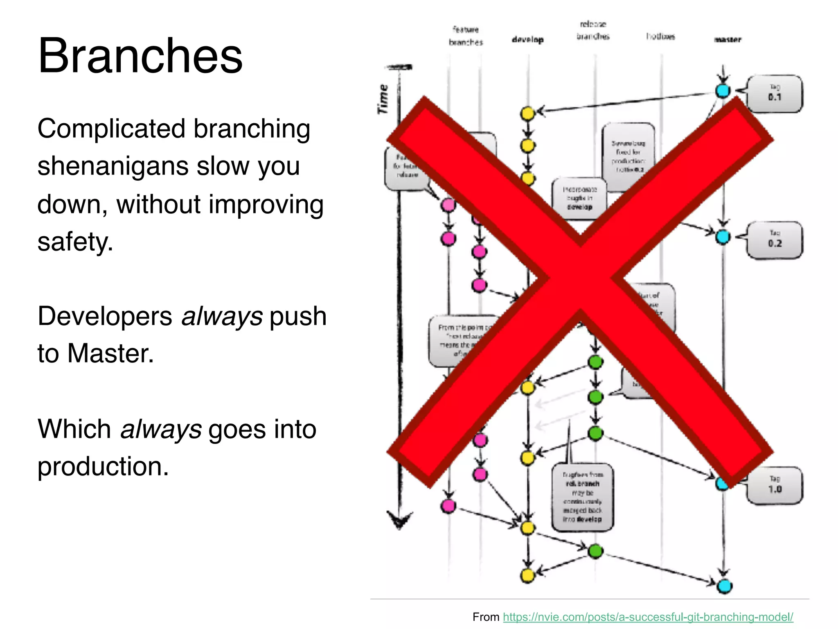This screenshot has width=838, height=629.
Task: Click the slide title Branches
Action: pyautogui.click(x=140, y=56)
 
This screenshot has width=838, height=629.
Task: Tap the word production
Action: pyautogui.click(x=102, y=466)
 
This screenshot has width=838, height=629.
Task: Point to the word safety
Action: pyautogui.click(x=74, y=242)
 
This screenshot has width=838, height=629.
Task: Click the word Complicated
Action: pyautogui.click(x=111, y=129)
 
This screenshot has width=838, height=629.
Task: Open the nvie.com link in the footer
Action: pyautogui.click(x=648, y=617)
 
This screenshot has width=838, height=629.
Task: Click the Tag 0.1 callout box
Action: pyautogui.click(x=775, y=93)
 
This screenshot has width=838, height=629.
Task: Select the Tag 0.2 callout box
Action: pyautogui.click(x=775, y=240)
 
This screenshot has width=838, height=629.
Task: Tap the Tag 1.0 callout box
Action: pyautogui.click(x=775, y=485)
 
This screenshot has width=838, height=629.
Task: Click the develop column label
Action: pyautogui.click(x=527, y=40)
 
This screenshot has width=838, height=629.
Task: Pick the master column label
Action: pyautogui.click(x=727, y=40)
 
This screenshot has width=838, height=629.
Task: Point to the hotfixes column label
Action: pyautogui.click(x=660, y=36)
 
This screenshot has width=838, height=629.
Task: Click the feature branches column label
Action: pyautogui.click(x=466, y=36)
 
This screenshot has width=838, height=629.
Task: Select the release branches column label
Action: pyautogui.click(x=593, y=30)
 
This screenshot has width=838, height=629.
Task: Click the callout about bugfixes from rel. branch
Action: pyautogui.click(x=582, y=497)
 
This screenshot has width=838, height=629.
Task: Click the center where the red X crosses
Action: pyautogui.click(x=580, y=278)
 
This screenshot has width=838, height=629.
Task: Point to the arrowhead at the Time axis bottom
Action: pyautogui.click(x=399, y=520)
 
